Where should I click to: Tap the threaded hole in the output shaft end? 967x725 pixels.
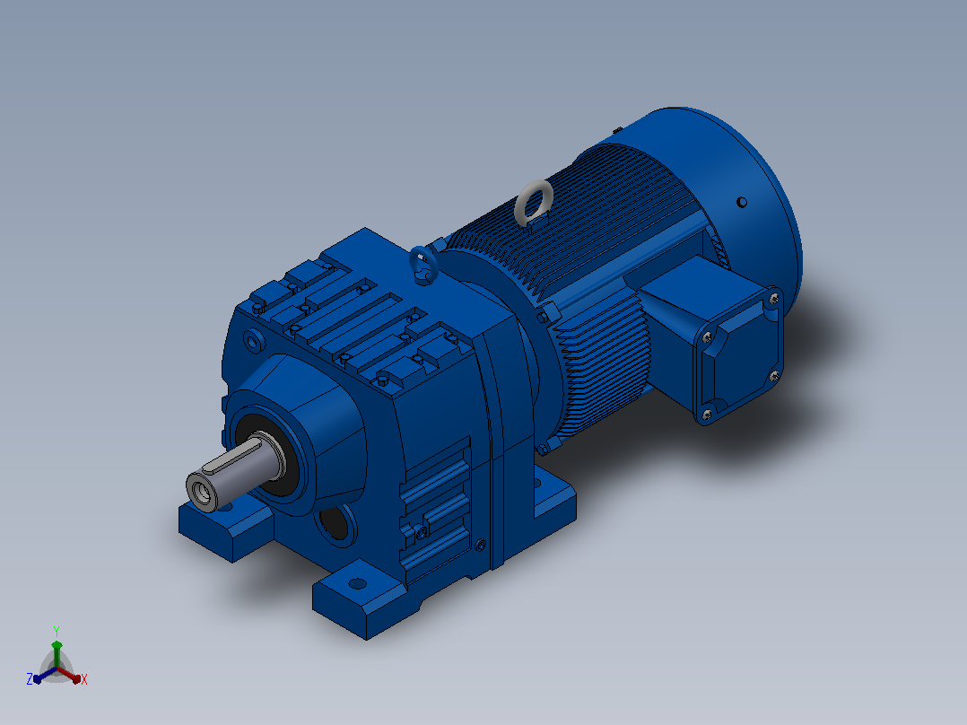tap(200, 492)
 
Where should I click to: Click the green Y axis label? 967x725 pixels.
tap(57, 631)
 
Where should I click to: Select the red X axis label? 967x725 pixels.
tap(84, 679)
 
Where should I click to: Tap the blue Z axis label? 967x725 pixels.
tap(30, 678)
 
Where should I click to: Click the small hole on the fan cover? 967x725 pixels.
tap(742, 202)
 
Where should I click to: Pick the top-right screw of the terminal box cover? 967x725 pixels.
tap(773, 300)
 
